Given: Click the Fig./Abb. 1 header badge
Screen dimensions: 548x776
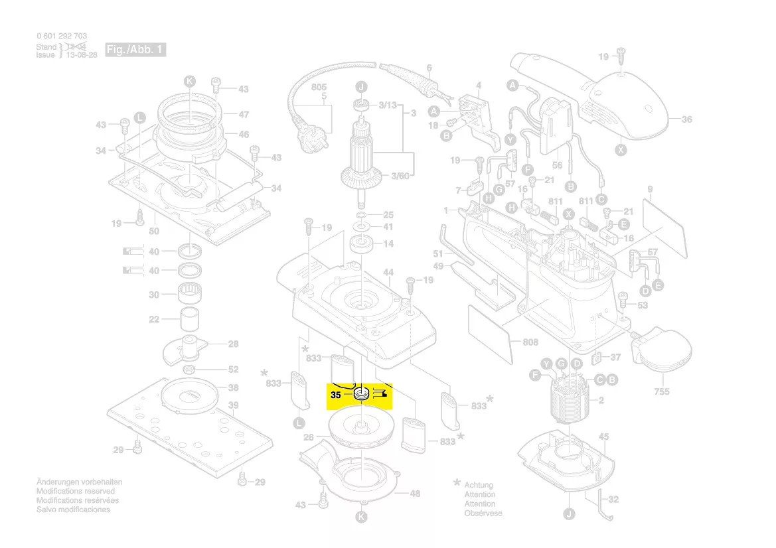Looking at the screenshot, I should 135,50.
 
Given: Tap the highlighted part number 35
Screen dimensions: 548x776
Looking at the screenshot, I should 336,395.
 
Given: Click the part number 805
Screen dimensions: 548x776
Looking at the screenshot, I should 319,88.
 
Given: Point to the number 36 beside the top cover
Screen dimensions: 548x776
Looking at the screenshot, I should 686,119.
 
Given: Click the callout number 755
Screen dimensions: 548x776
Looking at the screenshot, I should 661,392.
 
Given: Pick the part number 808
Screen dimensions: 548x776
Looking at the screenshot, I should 530,342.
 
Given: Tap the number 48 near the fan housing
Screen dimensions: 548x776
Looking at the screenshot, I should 416,494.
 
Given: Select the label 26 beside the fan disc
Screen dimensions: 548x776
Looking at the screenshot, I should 309,438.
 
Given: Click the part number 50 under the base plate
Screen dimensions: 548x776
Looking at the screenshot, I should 154,231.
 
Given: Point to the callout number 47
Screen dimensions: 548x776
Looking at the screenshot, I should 244,114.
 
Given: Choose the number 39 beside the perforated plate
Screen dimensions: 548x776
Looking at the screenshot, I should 234,405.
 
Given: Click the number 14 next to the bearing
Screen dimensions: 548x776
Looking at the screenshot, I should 388,243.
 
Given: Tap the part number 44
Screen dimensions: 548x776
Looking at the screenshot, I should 388,273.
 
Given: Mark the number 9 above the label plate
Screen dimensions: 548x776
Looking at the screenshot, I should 650,190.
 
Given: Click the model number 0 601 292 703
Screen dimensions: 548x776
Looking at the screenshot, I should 62,36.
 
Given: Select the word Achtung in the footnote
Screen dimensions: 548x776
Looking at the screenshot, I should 479,486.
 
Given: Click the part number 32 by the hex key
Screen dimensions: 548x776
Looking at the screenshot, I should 613,499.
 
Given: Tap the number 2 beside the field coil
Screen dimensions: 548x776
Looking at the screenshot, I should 601,400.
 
